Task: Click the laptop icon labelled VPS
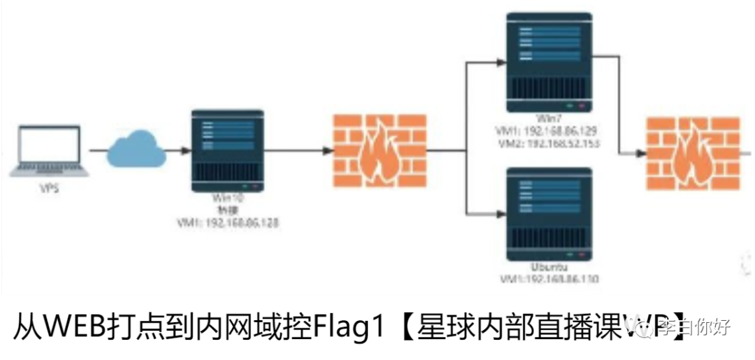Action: pos(48,151)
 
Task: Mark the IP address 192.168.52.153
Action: pos(560,143)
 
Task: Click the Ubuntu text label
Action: pos(549,268)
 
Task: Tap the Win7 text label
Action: pos(549,119)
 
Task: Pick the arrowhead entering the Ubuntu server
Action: pos(499,212)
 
